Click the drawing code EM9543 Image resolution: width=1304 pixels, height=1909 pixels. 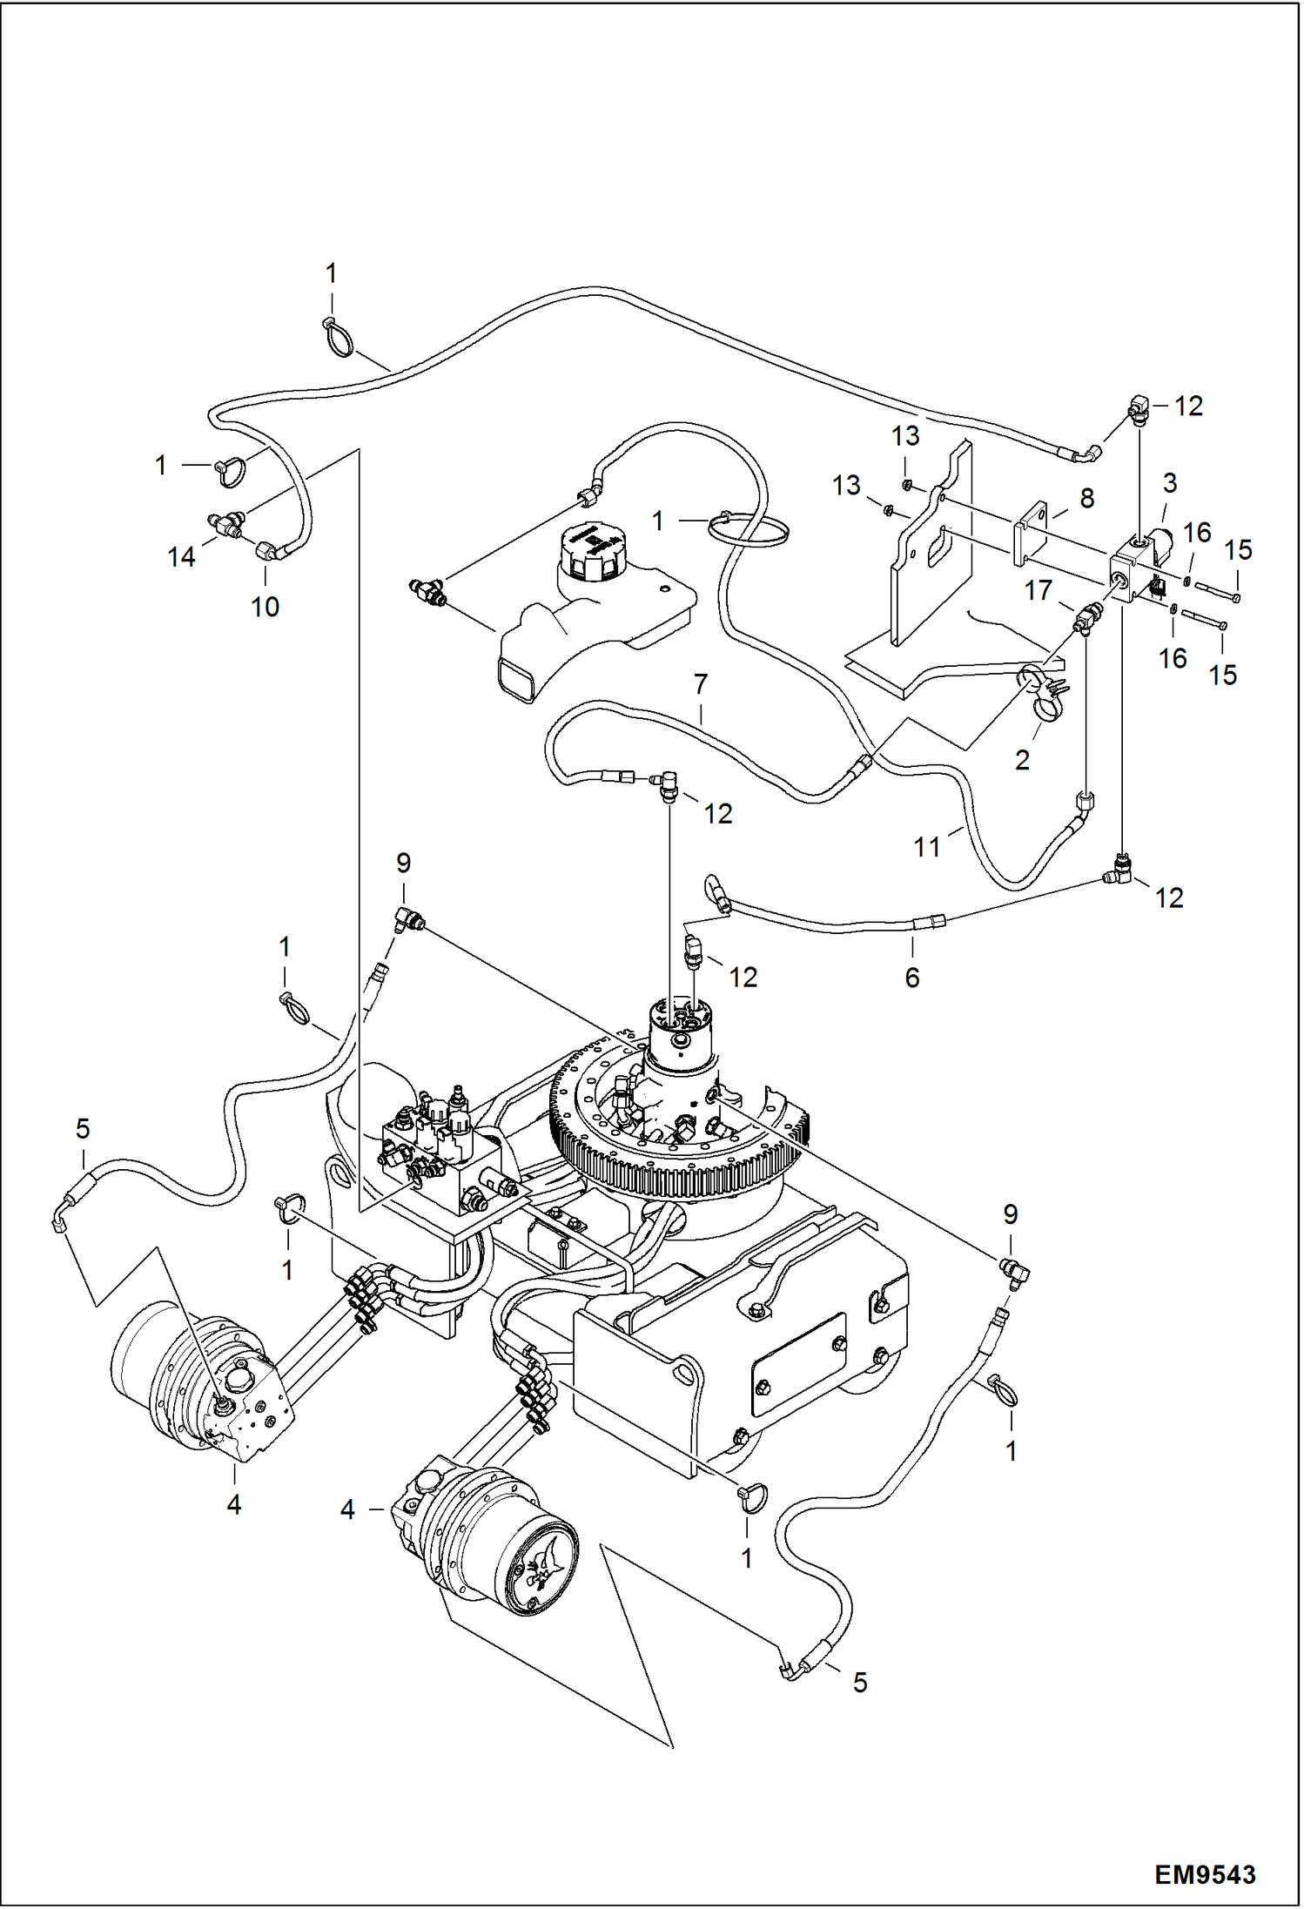point(1205,1873)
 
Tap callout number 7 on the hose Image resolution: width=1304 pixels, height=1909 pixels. point(701,684)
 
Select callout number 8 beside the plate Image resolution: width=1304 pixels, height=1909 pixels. point(1086,498)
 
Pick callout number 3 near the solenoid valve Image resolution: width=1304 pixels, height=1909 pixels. point(1170,483)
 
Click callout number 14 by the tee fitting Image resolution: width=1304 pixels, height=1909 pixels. point(181,557)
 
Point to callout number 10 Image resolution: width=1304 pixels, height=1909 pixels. point(265,607)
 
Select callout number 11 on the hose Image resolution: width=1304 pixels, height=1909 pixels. point(927,846)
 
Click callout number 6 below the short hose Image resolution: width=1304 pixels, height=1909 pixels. point(911,978)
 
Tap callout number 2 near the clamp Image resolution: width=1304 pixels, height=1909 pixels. point(1022,760)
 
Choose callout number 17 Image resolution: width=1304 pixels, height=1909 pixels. point(1038,590)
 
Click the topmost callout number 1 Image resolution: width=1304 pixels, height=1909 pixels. point(331,273)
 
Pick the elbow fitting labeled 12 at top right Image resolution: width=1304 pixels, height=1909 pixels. point(1139,407)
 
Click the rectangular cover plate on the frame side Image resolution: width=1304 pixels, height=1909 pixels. point(798,1365)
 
